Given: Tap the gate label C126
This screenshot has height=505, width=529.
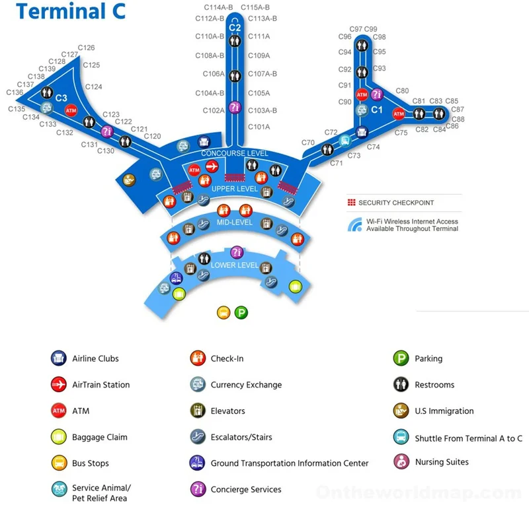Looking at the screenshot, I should pos(86,48).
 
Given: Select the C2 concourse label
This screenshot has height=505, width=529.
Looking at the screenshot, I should pos(235,28).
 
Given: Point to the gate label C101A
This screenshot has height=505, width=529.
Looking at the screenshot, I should pos(259,127).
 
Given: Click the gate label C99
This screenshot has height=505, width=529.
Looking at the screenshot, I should pos(370,29).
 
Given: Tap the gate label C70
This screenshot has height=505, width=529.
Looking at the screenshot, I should pos(308,143).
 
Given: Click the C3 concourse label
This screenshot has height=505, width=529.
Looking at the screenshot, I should pos(61,98).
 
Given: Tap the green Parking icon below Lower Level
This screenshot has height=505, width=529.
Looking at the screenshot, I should pos(241,313).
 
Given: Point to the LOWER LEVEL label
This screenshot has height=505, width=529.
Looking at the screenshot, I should pos(235,265).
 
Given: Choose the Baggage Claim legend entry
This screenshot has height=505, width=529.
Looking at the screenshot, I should pos(99,437).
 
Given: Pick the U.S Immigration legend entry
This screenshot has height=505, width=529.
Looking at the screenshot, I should pos(444,411).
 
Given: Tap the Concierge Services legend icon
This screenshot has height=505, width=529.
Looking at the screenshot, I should pos(197,489).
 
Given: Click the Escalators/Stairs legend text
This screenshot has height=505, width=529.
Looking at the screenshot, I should pos(241,437).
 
